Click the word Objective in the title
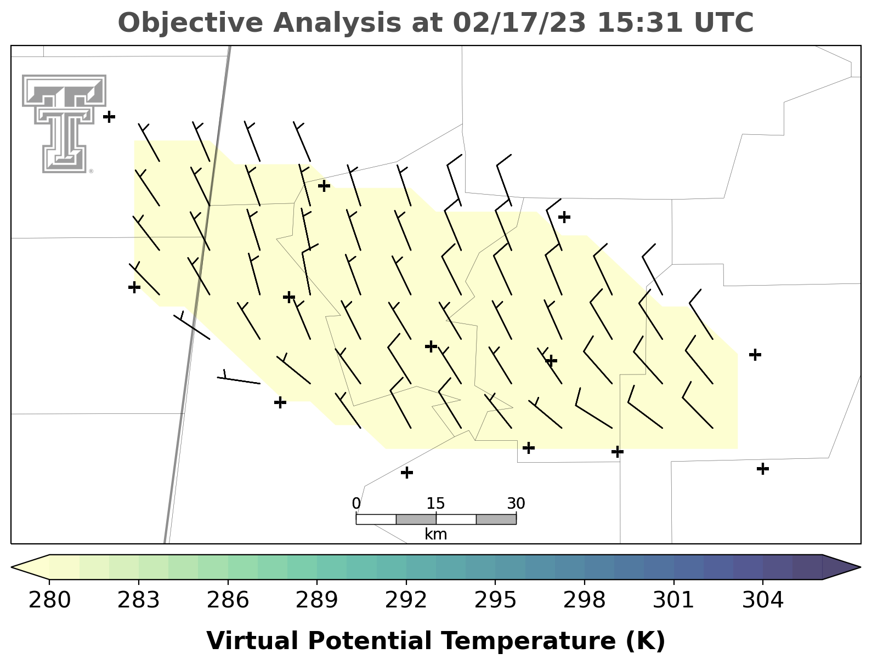tap(190, 23)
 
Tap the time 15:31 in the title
tap(640, 22)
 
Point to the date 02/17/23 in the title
tap(519, 22)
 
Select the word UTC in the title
tap(724, 22)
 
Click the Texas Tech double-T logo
tap(64, 123)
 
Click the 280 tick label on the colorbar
tap(49, 600)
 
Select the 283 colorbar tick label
tap(138, 600)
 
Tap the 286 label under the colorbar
tap(228, 600)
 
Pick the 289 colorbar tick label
tap(316, 600)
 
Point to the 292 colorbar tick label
tap(406, 600)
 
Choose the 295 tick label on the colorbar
tap(495, 600)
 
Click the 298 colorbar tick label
tap(585, 600)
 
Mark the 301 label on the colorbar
tap(673, 600)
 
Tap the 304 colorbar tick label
tap(763, 600)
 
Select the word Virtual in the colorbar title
tap(252, 641)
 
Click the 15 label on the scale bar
tap(436, 503)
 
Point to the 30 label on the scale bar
tap(516, 503)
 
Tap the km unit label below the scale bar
tap(436, 535)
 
